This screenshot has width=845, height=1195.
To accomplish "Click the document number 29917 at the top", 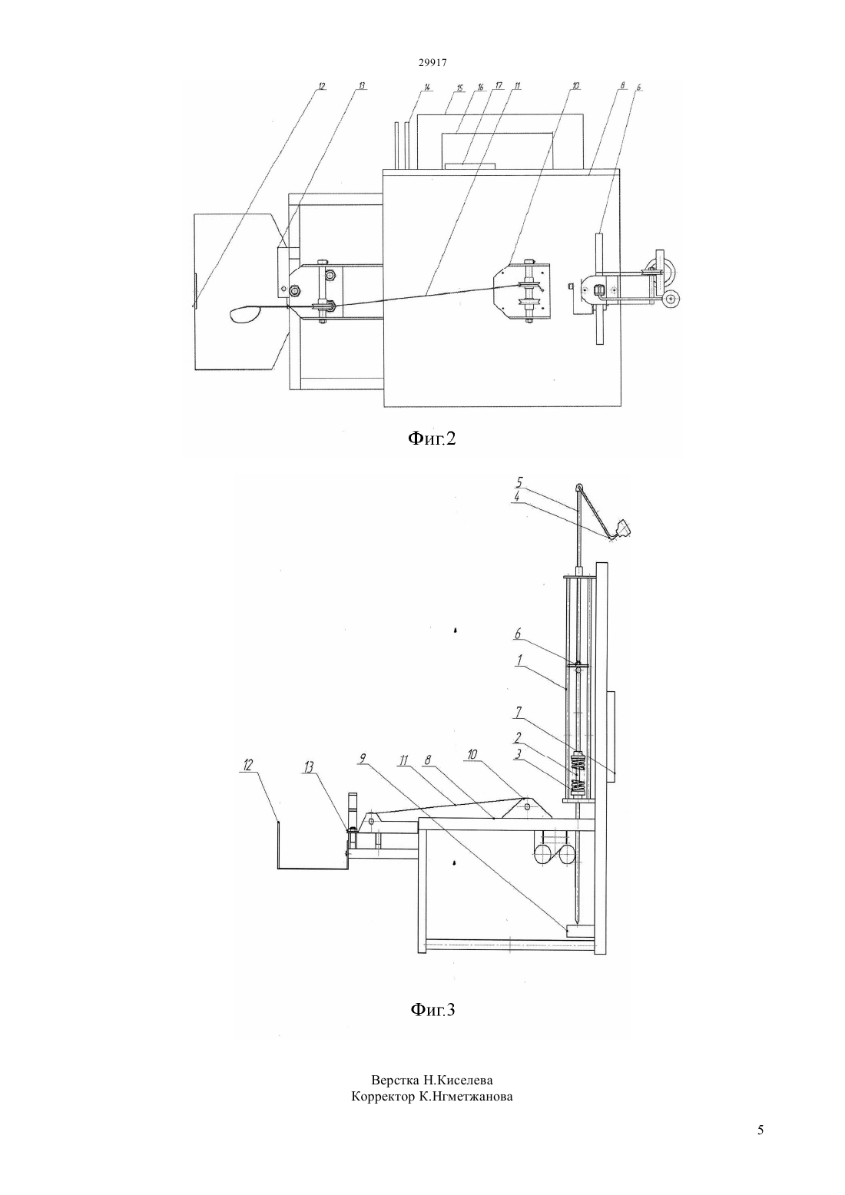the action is point(432,62).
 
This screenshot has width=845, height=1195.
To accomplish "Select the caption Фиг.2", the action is point(432,438).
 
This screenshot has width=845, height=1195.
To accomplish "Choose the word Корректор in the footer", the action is point(382,1097).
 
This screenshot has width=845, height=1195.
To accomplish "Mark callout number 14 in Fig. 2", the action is point(427,87).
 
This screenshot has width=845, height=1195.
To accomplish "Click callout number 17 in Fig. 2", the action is point(499,86).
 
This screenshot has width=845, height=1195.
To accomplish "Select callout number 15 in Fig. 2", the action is point(461,87).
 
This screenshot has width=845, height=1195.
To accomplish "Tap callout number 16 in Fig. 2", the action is point(480,87).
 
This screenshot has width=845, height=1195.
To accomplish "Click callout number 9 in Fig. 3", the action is point(363,758).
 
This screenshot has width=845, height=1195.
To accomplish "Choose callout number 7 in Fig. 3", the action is point(518,712).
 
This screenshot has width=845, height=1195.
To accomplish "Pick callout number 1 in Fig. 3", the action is point(519,659).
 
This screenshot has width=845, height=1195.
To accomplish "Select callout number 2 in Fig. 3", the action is point(518,737).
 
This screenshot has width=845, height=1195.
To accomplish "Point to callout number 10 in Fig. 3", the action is point(472,754).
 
